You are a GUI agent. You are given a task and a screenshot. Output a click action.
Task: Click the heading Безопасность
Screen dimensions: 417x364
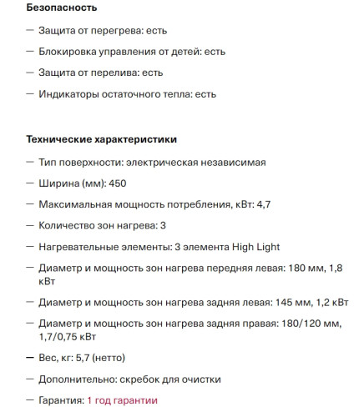[x=61, y=8]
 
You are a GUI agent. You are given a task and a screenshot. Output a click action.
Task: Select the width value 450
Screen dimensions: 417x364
[x=117, y=182]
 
